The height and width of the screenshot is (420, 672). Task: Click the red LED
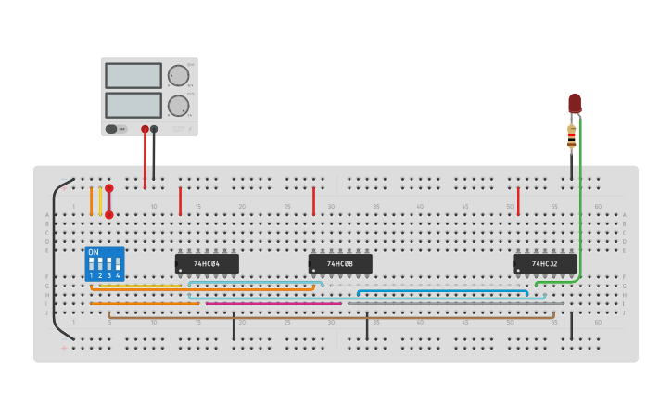coord(575,102)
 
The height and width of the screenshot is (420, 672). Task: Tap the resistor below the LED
coord(571,137)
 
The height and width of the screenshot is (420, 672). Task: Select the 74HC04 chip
coord(207,264)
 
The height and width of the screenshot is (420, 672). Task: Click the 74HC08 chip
coord(340,264)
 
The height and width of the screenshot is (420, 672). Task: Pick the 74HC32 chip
coord(545,264)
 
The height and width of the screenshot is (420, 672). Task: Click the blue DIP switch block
coord(105,263)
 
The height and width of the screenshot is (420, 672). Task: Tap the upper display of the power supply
coord(133,75)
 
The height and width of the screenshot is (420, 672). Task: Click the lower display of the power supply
coord(133,105)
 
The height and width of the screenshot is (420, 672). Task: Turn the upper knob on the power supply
coord(177,75)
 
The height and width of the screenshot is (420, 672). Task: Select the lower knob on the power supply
coord(177,106)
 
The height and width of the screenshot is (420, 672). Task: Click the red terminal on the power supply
coord(145,130)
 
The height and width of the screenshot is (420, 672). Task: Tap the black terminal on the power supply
coord(154,130)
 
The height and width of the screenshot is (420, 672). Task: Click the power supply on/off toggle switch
coord(111,129)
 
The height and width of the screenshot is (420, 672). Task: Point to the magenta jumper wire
coord(273,303)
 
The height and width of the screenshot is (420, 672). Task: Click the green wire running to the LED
coord(580,204)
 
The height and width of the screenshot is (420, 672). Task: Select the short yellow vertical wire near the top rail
coord(100,200)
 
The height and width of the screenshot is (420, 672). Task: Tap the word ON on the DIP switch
coord(94,252)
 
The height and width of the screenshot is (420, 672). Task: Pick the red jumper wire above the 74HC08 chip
coord(313,200)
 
